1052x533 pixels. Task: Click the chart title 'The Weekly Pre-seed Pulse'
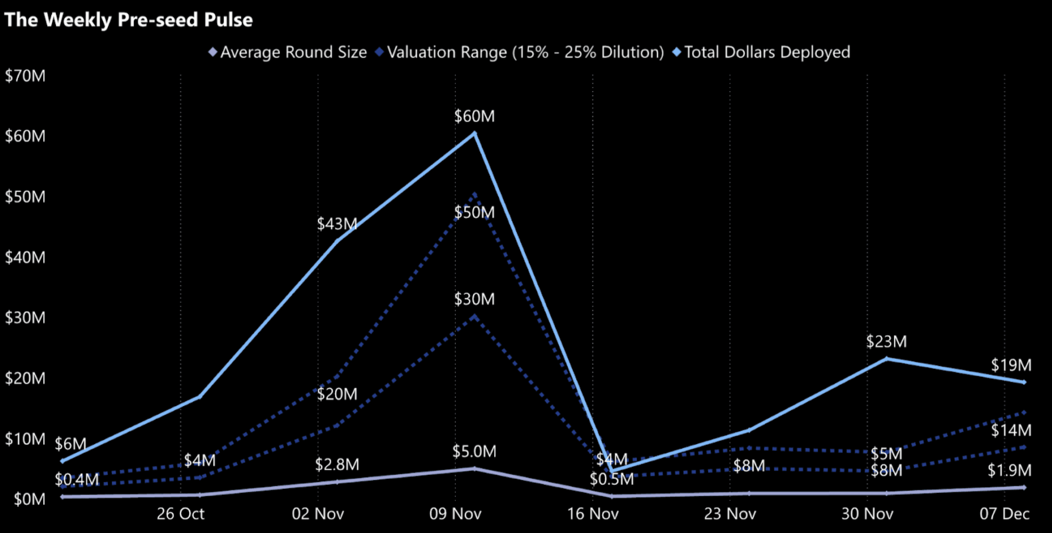pos(128,20)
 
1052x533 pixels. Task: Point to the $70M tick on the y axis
pos(25,76)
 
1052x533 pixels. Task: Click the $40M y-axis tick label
pos(25,257)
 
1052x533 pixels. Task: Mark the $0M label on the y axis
pos(29,499)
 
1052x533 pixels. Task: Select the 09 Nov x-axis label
pos(455,514)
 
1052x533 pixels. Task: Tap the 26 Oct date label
pos(180,514)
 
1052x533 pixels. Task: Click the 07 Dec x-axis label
pos(1004,514)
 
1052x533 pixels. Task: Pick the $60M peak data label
pos(474,116)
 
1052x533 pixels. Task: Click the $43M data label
pos(337,224)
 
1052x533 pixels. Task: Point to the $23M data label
pos(886,342)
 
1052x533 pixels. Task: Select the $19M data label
pos(1011,365)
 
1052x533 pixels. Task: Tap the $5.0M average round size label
pos(474,451)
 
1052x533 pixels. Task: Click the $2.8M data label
pos(337,464)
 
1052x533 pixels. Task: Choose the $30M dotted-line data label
pos(474,299)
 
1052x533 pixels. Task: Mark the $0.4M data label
pos(77,479)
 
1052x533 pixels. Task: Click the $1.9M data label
pos(1009,470)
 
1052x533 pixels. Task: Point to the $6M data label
pos(70,444)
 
